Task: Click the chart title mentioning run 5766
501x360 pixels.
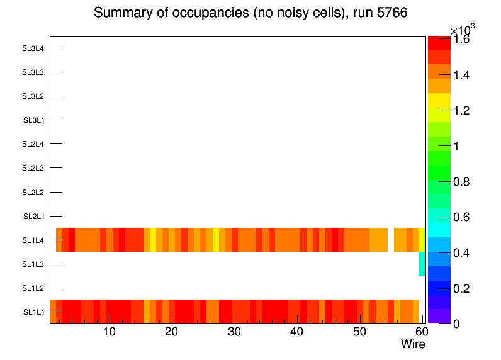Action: (x=250, y=13)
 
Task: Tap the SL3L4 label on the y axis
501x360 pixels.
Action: (x=33, y=48)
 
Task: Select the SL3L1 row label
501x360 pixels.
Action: (x=33, y=120)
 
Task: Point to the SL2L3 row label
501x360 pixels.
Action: (x=33, y=168)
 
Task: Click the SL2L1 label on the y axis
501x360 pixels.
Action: (x=33, y=217)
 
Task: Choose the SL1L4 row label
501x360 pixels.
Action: (x=33, y=240)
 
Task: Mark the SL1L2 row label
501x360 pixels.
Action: (x=33, y=288)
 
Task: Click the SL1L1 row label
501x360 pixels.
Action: (x=33, y=312)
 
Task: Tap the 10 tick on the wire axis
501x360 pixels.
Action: (x=109, y=332)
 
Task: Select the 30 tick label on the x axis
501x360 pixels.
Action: (x=234, y=332)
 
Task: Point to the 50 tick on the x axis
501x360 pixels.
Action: (x=359, y=332)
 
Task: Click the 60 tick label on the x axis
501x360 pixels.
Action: (x=421, y=332)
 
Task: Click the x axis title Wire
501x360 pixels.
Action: (x=413, y=344)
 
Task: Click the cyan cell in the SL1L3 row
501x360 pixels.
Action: (x=422, y=264)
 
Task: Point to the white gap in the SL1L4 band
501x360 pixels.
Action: (x=391, y=240)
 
